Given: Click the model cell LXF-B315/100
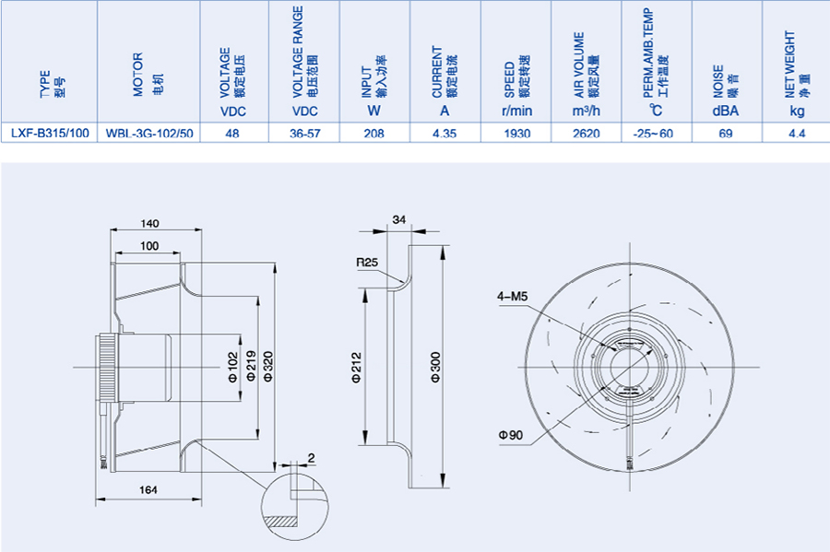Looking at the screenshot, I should click(x=50, y=133).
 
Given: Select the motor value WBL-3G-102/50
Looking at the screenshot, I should click(x=149, y=133).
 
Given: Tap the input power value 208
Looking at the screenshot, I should click(x=374, y=133).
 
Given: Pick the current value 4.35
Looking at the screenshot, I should click(x=445, y=133).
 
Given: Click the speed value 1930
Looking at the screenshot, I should click(x=516, y=133).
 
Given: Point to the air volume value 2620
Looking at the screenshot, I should click(x=587, y=133).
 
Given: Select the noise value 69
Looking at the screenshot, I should click(x=726, y=133).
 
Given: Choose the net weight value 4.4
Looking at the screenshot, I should click(x=797, y=133).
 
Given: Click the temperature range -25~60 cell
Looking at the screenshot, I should click(x=655, y=133).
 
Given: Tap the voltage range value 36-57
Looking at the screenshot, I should click(x=304, y=133).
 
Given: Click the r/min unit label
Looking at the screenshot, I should click(x=516, y=112).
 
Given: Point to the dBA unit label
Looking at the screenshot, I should click(x=726, y=112).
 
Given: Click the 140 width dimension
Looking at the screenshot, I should click(x=151, y=223).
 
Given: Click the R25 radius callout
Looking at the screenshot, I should click(x=369, y=262).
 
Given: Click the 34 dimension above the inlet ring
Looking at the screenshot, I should click(x=399, y=219).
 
